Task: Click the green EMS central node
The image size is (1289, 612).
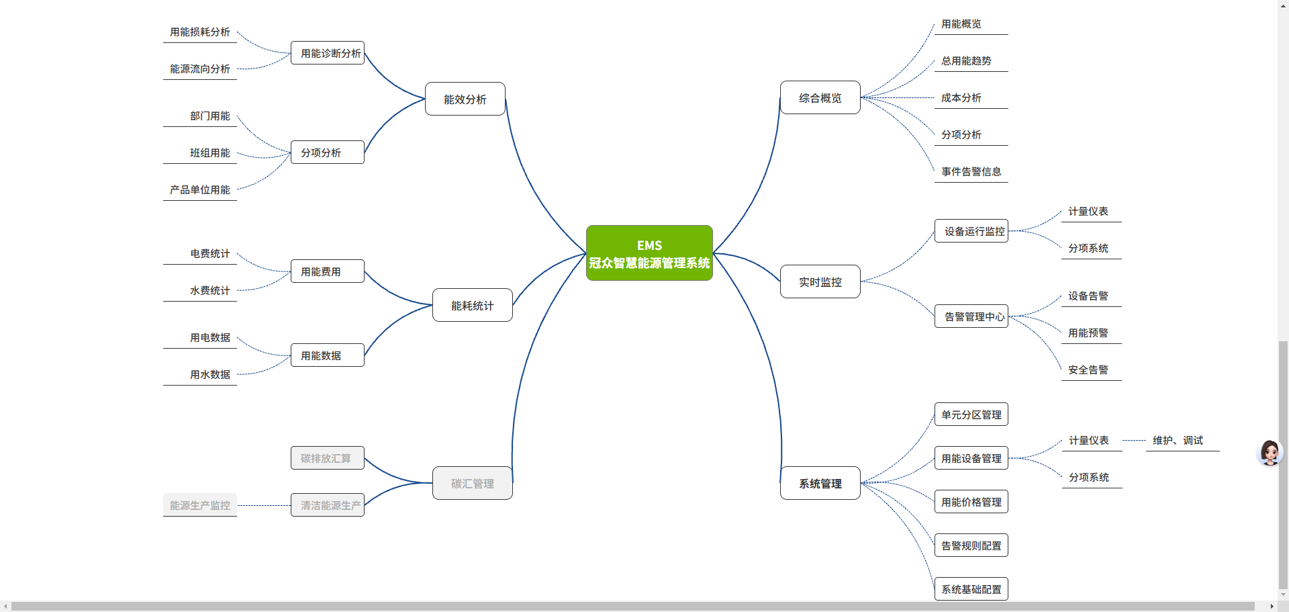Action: [x=649, y=253]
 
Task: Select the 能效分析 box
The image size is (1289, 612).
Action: [x=465, y=99]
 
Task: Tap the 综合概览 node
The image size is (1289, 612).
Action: [x=820, y=98]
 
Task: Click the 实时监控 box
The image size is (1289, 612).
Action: [x=820, y=282]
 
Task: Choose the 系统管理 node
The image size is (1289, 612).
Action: [x=820, y=484]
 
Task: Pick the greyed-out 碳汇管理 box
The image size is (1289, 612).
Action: [x=472, y=484]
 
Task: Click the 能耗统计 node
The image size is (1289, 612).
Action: [x=472, y=306]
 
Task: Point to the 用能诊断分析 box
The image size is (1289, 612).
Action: [x=328, y=53]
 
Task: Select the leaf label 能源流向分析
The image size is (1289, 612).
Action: [x=200, y=69]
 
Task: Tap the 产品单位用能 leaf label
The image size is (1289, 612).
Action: [x=200, y=190]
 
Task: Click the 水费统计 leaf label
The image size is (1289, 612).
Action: [x=209, y=291]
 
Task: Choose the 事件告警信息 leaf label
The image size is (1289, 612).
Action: [x=971, y=172]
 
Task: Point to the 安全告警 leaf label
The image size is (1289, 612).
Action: [x=1088, y=370]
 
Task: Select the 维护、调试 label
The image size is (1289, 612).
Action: [x=1178, y=441]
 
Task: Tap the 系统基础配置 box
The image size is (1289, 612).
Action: [x=971, y=589]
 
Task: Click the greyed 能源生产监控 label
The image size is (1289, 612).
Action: [x=200, y=505]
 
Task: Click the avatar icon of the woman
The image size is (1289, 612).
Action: [x=1270, y=453]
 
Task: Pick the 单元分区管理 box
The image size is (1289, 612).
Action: [x=971, y=415]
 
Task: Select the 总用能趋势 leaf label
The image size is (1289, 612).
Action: [x=966, y=61]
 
